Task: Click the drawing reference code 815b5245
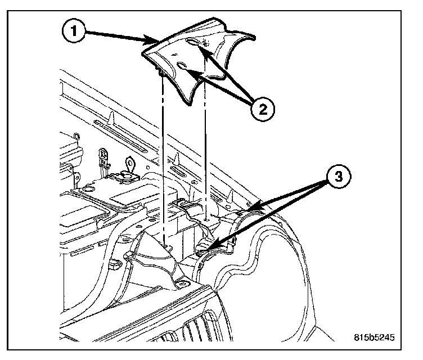[x=374, y=338]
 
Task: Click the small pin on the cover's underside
[x=162, y=73]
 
